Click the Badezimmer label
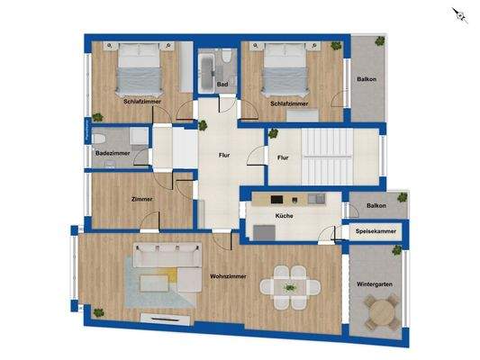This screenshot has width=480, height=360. (112, 154)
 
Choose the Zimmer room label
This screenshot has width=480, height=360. (141, 199)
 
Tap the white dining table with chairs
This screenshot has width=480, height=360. (290, 286)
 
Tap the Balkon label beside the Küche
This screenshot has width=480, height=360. (376, 206)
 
